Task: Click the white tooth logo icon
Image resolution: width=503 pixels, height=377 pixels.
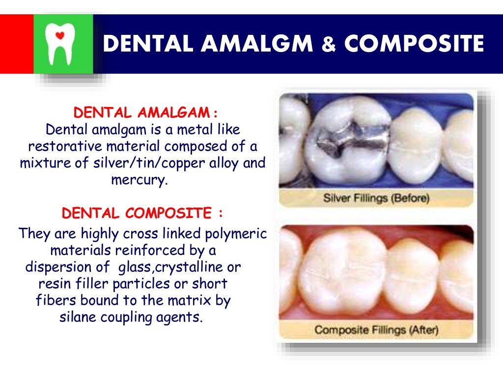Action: pyautogui.click(x=61, y=44)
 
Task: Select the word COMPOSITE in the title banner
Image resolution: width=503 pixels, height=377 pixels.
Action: pyautogui.click(x=414, y=44)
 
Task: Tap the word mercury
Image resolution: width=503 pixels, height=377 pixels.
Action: pyautogui.click(x=140, y=179)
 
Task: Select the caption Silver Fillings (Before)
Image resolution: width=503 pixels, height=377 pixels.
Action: pyautogui.click(x=376, y=198)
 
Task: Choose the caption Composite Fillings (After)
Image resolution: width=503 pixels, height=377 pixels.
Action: pyautogui.click(x=376, y=330)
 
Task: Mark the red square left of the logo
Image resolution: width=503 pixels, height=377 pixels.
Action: pyautogui.click(x=16, y=44)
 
